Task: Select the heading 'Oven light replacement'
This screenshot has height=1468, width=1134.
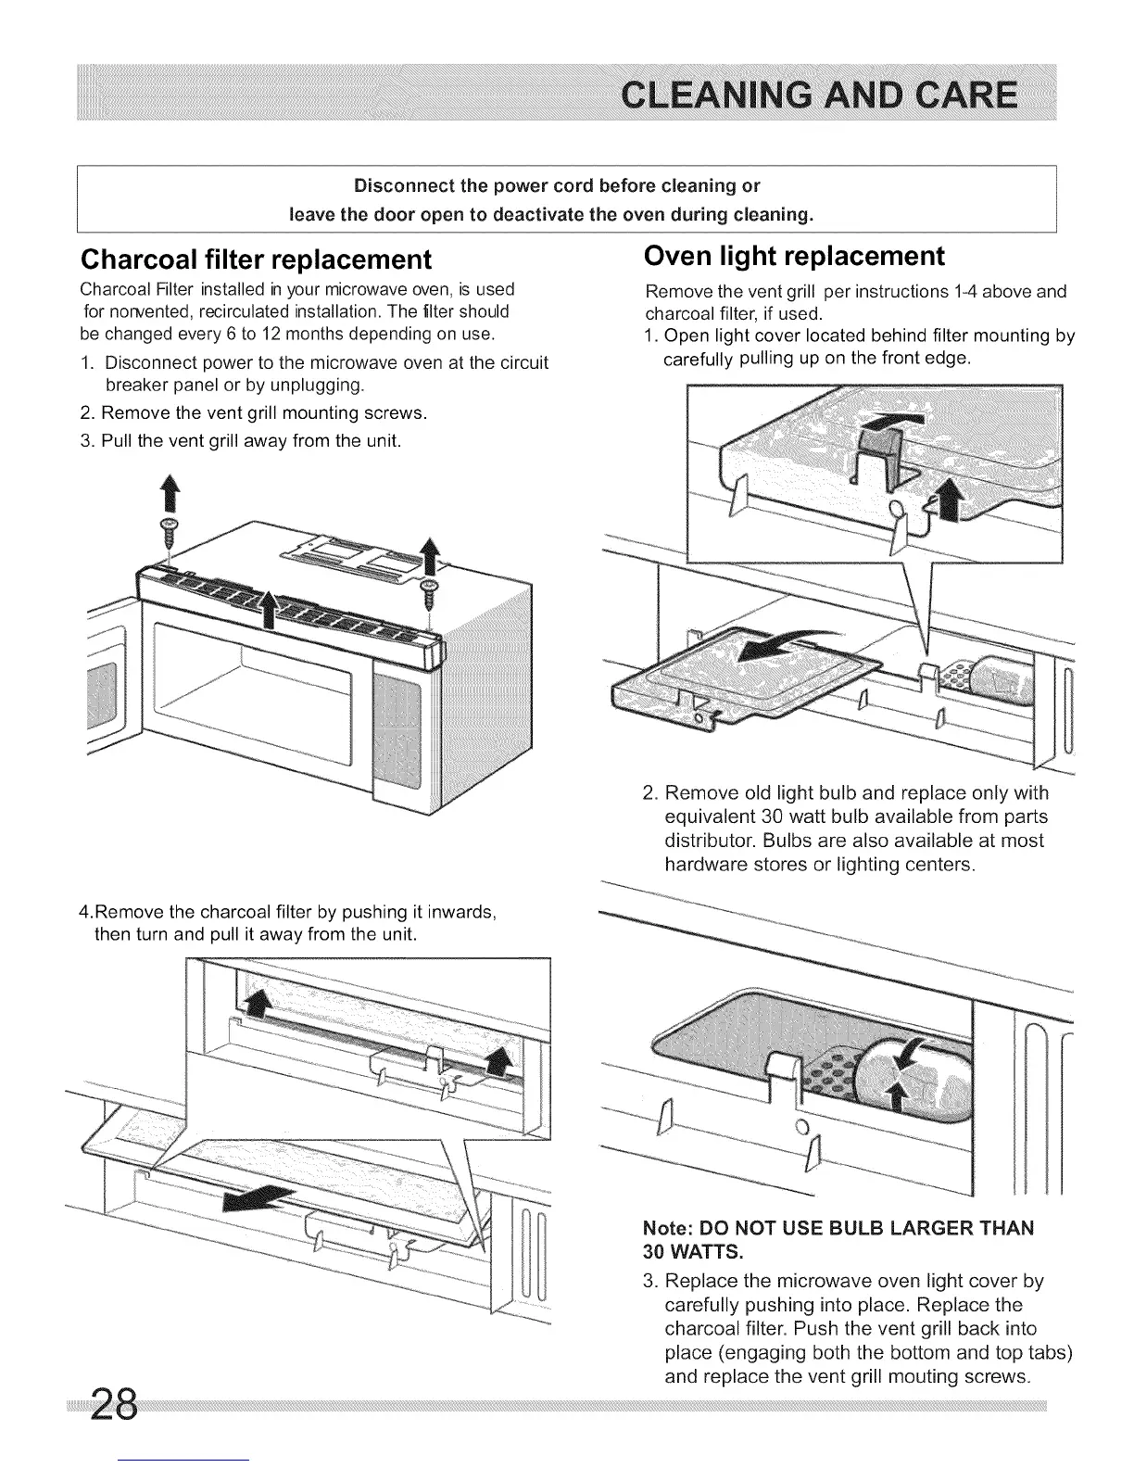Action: [x=793, y=256]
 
